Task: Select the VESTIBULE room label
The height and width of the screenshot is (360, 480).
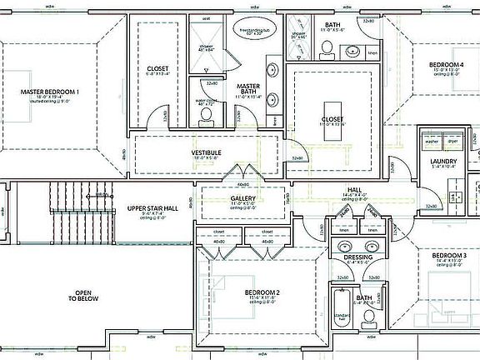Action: [206, 152]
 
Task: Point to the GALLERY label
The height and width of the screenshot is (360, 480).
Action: [242, 198]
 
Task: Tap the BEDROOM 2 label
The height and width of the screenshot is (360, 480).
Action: [262, 292]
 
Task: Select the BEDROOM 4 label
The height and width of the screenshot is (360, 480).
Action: [446, 64]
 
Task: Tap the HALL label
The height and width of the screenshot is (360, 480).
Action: [354, 190]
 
